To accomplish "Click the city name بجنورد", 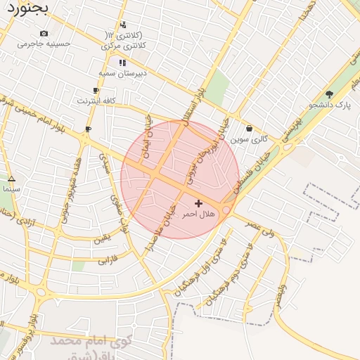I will pos(27,9).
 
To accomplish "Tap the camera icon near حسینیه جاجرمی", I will pos(44,33).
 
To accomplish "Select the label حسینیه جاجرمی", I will pos(44,43).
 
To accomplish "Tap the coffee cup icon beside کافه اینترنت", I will pos(96,91).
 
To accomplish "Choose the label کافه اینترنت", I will pos(96,101).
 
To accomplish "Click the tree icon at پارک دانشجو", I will pos(329,94).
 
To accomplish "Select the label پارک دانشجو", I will pos(329,105).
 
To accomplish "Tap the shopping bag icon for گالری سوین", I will pos(250,129).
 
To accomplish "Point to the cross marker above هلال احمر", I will pos(198,202).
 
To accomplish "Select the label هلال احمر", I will pos(198,213).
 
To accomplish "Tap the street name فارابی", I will pos(105,259).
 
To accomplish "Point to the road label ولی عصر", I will pos(260,227).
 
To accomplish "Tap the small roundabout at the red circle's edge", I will pos(226,210).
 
